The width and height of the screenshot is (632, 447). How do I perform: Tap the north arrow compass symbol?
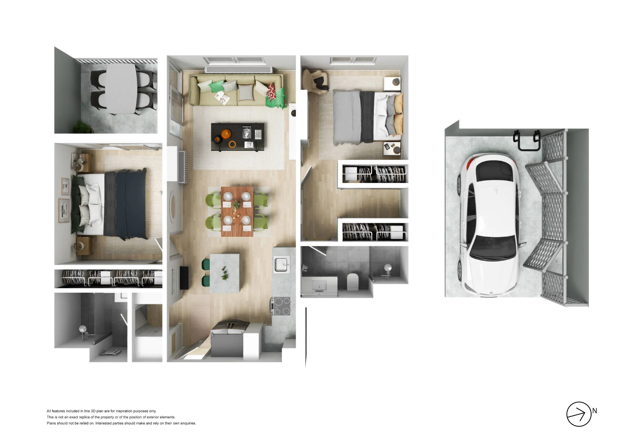(x=579, y=414)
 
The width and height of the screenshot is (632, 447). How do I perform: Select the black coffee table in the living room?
(x=238, y=137)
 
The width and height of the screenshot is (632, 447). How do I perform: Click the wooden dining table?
(x=237, y=211)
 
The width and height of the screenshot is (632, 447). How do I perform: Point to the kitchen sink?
(x=282, y=265)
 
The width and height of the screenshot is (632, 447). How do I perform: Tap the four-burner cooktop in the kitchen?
(x=281, y=306)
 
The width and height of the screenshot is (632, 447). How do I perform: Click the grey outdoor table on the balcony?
(x=121, y=89)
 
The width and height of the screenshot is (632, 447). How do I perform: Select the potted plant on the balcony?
(x=83, y=127)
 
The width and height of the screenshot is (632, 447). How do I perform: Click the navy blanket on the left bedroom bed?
(x=132, y=205)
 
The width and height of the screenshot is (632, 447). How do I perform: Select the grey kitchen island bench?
(x=225, y=272)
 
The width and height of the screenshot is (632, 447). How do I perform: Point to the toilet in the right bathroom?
(x=353, y=282)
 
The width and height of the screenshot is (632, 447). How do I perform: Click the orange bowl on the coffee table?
(x=226, y=134)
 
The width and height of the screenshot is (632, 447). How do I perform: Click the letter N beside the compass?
(x=594, y=411)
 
